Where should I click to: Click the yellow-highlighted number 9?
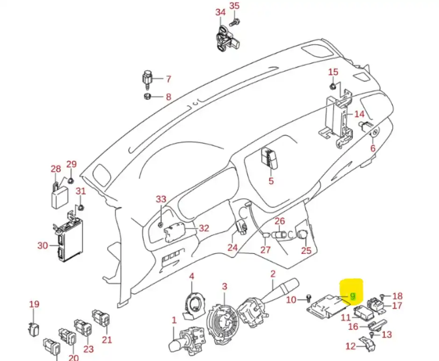click(x=353, y=296)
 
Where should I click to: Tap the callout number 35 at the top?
click(x=234, y=6)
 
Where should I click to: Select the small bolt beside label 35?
click(x=234, y=22)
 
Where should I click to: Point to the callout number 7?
click(x=168, y=79)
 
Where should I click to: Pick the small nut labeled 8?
click(x=147, y=97)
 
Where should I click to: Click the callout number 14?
click(x=360, y=114)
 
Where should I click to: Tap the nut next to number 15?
click(x=333, y=86)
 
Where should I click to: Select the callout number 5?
click(x=271, y=181)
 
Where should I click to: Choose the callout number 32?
click(x=204, y=228)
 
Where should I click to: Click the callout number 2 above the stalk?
click(x=273, y=274)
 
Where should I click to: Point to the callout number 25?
click(x=306, y=250)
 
